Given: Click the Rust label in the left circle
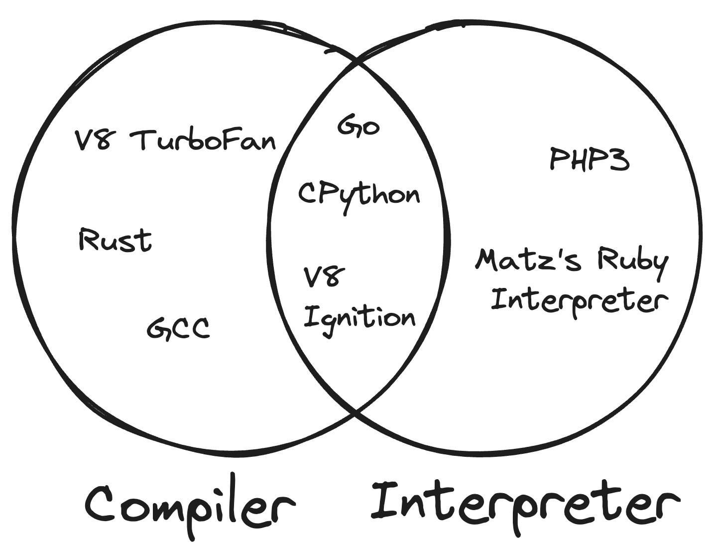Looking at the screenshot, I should pyautogui.click(x=115, y=241).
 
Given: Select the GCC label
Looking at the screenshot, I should pyautogui.click(x=178, y=329).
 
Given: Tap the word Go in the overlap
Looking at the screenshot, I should pyautogui.click(x=358, y=126).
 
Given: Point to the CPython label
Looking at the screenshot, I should pyautogui.click(x=358, y=195).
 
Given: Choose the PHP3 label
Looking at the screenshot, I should pyautogui.click(x=590, y=159).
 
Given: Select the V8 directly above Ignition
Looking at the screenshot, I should pyautogui.click(x=324, y=277).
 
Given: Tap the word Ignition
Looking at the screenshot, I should pyautogui.click(x=359, y=318).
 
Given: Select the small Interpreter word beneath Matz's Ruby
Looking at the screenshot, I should pyautogui.click(x=579, y=300).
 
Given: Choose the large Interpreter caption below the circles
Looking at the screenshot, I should pyautogui.click(x=525, y=503).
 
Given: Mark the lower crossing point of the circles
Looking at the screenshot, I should pyautogui.click(x=356, y=412).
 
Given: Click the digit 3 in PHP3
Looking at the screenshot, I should pyautogui.click(x=619, y=159).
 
